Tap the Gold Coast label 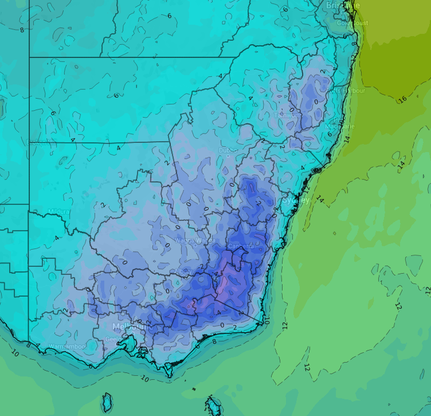[x=352, y=23]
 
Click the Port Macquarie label [x=339, y=126]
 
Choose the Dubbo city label [x=227, y=150]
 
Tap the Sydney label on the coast [x=296, y=200]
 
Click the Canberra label [x=241, y=246]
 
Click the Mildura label [x=59, y=212]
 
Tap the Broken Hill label [x=42, y=142]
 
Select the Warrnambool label [x=67, y=347]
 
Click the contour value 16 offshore [x=402, y=99]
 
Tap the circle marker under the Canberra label [x=241, y=252]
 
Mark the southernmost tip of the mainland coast [x=169, y=376]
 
